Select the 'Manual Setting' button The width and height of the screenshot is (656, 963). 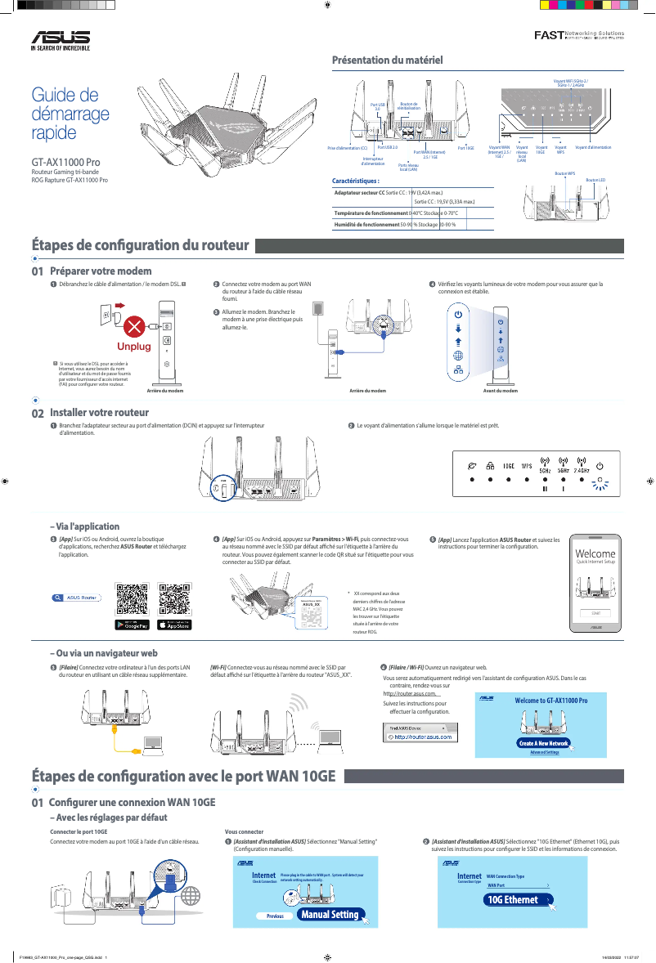tap(330, 914)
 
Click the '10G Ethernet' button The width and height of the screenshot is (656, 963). tap(512, 899)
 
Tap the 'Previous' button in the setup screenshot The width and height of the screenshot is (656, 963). tap(275, 916)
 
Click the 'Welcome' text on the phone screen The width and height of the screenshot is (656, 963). tap(595, 554)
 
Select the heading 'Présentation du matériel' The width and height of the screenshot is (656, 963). tap(387, 60)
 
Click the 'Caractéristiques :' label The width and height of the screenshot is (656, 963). tap(357, 180)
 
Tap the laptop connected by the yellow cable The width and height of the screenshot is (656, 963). tap(153, 742)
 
